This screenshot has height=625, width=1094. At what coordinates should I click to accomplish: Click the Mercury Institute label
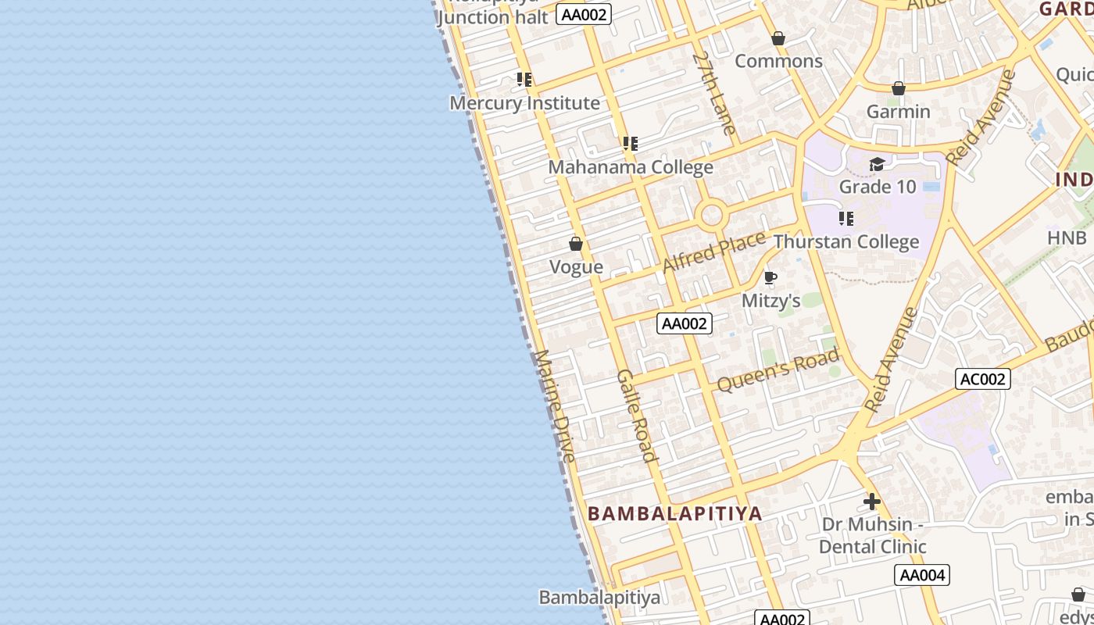(524, 103)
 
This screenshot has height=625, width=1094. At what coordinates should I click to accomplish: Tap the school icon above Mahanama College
(631, 144)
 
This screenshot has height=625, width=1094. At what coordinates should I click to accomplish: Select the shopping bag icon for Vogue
(576, 245)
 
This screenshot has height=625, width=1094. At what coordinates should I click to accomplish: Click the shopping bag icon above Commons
(778, 38)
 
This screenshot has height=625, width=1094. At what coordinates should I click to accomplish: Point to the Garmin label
(898, 112)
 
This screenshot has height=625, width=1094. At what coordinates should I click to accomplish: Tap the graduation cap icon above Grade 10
(877, 164)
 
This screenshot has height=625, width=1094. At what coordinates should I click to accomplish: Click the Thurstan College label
(846, 241)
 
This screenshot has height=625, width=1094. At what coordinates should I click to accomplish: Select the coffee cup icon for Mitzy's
(770, 278)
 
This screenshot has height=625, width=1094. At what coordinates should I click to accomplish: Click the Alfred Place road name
(713, 252)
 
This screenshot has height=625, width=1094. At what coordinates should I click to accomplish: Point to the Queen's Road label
(778, 370)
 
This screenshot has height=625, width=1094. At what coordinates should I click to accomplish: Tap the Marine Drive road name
(555, 405)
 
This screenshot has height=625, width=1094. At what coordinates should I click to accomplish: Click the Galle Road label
(635, 415)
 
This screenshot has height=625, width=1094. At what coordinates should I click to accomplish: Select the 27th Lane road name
(714, 93)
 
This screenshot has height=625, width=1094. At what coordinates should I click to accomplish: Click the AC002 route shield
(982, 380)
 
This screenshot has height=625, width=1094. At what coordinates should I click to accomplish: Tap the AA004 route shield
(922, 576)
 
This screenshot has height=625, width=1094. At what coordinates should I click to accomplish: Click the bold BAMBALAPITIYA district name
(674, 513)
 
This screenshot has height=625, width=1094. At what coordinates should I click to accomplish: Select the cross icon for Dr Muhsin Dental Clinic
(872, 502)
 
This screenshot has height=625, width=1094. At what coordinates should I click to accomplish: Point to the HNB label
(1067, 237)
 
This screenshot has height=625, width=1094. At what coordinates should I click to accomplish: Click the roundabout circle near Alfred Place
(712, 215)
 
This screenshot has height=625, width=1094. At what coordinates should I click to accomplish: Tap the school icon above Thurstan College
(846, 219)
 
